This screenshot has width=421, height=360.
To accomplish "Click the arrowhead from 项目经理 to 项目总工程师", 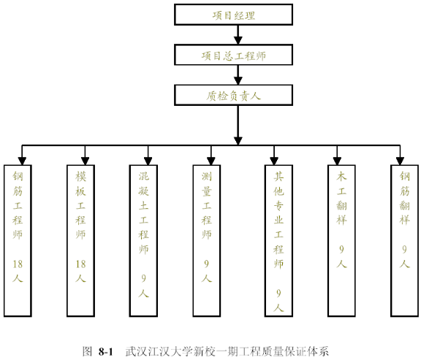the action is click(238, 40).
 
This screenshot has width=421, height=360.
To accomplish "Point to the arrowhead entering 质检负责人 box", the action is click(238, 81).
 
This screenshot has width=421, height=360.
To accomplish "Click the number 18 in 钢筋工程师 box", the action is click(18, 264).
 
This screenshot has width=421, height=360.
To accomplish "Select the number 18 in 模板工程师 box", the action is click(80, 264).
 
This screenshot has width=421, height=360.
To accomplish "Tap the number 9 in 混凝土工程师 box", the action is click(144, 278).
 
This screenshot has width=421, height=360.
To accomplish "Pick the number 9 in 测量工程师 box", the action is click(206, 264).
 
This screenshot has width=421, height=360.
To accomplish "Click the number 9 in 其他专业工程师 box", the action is click(278, 294).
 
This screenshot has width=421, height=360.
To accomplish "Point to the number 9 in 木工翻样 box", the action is click(341, 250).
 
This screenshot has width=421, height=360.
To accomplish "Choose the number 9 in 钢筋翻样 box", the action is click(404, 250).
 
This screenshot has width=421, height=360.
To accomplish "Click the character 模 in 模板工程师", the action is click(80, 176).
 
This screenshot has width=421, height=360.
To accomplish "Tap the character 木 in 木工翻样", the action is click(341, 176).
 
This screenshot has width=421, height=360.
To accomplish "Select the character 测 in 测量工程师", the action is click(206, 176).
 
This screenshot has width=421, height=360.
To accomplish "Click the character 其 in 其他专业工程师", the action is click(278, 176).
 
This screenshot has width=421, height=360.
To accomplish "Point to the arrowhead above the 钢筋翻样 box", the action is click(400, 161).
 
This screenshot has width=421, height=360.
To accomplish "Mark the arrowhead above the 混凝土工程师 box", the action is click(148, 161).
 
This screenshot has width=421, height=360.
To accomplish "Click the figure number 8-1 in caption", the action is click(105, 351).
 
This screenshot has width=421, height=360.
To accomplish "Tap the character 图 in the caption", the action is click(87, 351).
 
